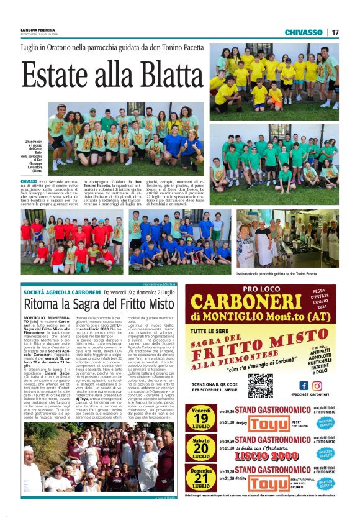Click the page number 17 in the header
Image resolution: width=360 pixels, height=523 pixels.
tap(335, 32)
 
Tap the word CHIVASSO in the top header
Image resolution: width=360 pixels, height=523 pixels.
tap(304, 32)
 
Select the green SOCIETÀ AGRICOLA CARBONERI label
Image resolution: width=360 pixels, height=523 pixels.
tap(61, 292)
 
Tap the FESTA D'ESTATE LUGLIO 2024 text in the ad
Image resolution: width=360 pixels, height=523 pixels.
tap(331, 298)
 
